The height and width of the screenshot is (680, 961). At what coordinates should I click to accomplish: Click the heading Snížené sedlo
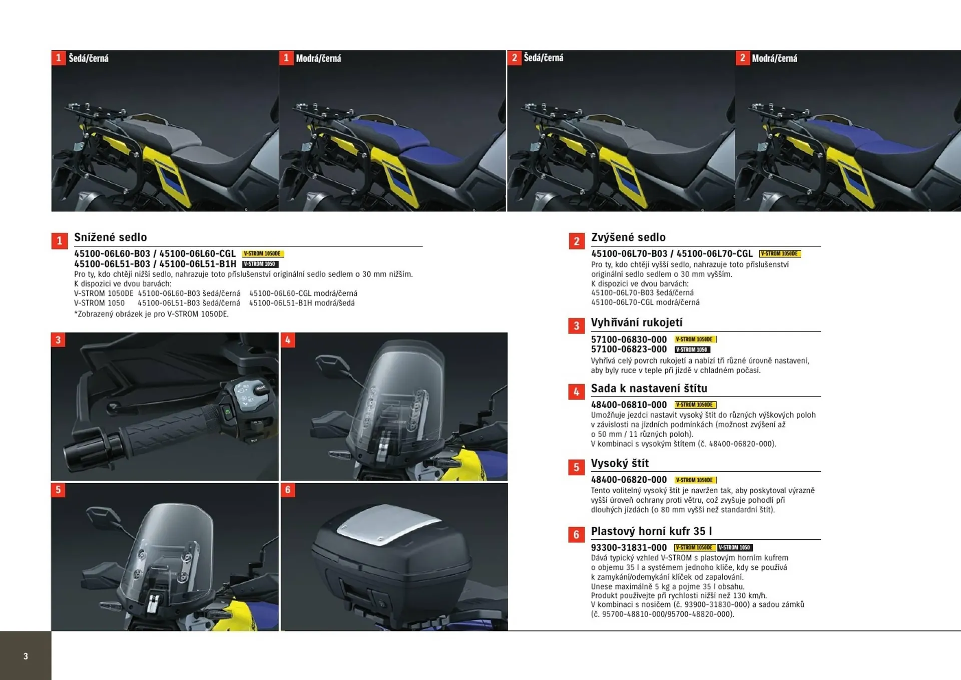tap(110, 237)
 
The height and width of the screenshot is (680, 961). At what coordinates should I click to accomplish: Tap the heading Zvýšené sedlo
tap(628, 237)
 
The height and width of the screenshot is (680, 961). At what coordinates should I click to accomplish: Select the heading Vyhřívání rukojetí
tap(636, 322)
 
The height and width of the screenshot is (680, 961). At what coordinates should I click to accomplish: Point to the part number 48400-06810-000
tap(629, 405)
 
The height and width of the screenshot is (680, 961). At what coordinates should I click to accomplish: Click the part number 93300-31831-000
tap(629, 548)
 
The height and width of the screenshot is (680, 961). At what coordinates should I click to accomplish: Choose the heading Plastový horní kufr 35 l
tap(651, 531)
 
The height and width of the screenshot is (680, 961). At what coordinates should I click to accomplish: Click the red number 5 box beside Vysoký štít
tap(576, 467)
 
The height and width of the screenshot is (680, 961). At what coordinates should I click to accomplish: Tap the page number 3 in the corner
tap(26, 656)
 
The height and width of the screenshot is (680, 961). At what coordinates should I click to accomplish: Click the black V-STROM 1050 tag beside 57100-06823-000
tap(692, 350)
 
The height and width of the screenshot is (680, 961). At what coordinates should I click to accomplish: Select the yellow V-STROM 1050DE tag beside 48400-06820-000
tap(695, 480)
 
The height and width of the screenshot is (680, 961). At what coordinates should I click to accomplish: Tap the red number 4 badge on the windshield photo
tap(288, 340)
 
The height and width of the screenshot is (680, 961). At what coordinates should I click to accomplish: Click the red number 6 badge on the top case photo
tap(288, 490)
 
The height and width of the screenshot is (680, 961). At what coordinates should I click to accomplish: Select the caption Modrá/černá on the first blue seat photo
tap(318, 59)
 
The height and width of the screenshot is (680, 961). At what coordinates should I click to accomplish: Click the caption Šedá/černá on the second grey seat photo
tap(543, 58)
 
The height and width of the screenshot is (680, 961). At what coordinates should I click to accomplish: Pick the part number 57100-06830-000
tap(629, 339)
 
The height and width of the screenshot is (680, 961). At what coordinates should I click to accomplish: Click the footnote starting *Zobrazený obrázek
tap(151, 314)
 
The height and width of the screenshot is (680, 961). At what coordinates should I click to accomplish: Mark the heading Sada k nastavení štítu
tap(649, 389)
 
